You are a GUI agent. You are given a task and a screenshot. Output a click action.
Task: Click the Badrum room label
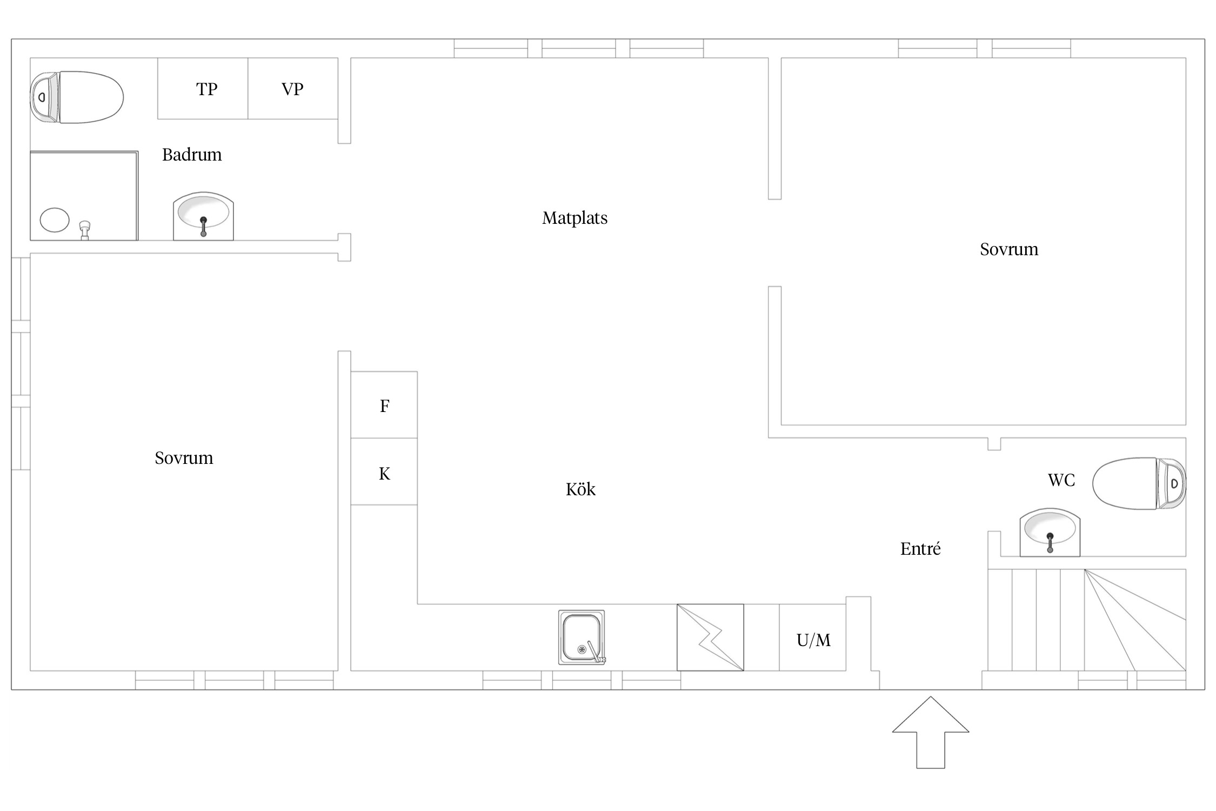(192, 155)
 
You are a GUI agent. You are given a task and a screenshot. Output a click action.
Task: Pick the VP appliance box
(292, 89)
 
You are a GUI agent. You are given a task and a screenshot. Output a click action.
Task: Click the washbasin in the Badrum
(203, 216)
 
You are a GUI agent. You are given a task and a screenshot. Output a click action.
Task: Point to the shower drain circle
(55, 220)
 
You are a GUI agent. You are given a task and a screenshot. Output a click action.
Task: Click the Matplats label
(574, 218)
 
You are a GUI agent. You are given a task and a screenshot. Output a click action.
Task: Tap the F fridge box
(384, 405)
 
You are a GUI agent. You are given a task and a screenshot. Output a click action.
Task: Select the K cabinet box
(384, 473)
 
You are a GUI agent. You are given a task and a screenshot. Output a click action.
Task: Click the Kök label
(580, 489)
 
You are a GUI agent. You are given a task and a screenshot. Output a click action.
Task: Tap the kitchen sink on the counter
(582, 637)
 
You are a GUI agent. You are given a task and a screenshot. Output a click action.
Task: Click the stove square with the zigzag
(710, 637)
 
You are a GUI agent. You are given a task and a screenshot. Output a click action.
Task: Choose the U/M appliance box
(813, 640)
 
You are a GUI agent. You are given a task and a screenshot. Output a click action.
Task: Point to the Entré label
(920, 549)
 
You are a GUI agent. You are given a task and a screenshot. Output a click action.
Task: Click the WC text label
(1061, 480)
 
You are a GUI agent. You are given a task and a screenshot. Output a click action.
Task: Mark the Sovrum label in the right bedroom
(1008, 249)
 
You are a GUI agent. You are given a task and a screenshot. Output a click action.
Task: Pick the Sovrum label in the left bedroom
(184, 458)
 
